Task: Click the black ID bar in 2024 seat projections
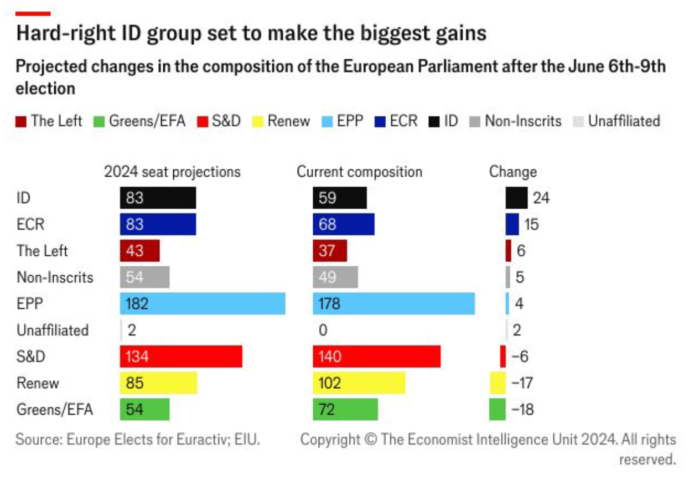[x=158, y=198]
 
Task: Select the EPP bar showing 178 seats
[x=393, y=304]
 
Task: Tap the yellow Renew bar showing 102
[x=359, y=383]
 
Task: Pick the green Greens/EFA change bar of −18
[x=497, y=410]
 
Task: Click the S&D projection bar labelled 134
[x=181, y=357]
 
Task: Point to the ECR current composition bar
[x=343, y=225]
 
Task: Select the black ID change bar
[x=516, y=198]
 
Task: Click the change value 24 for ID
[x=541, y=198]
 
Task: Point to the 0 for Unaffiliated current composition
[x=323, y=331]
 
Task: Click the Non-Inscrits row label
[x=55, y=277]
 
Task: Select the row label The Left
[x=42, y=251]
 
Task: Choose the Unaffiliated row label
[x=53, y=331]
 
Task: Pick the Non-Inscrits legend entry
[x=515, y=121]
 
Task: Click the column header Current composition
[x=359, y=172]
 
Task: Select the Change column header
[x=512, y=172]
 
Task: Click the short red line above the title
[x=33, y=13]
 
